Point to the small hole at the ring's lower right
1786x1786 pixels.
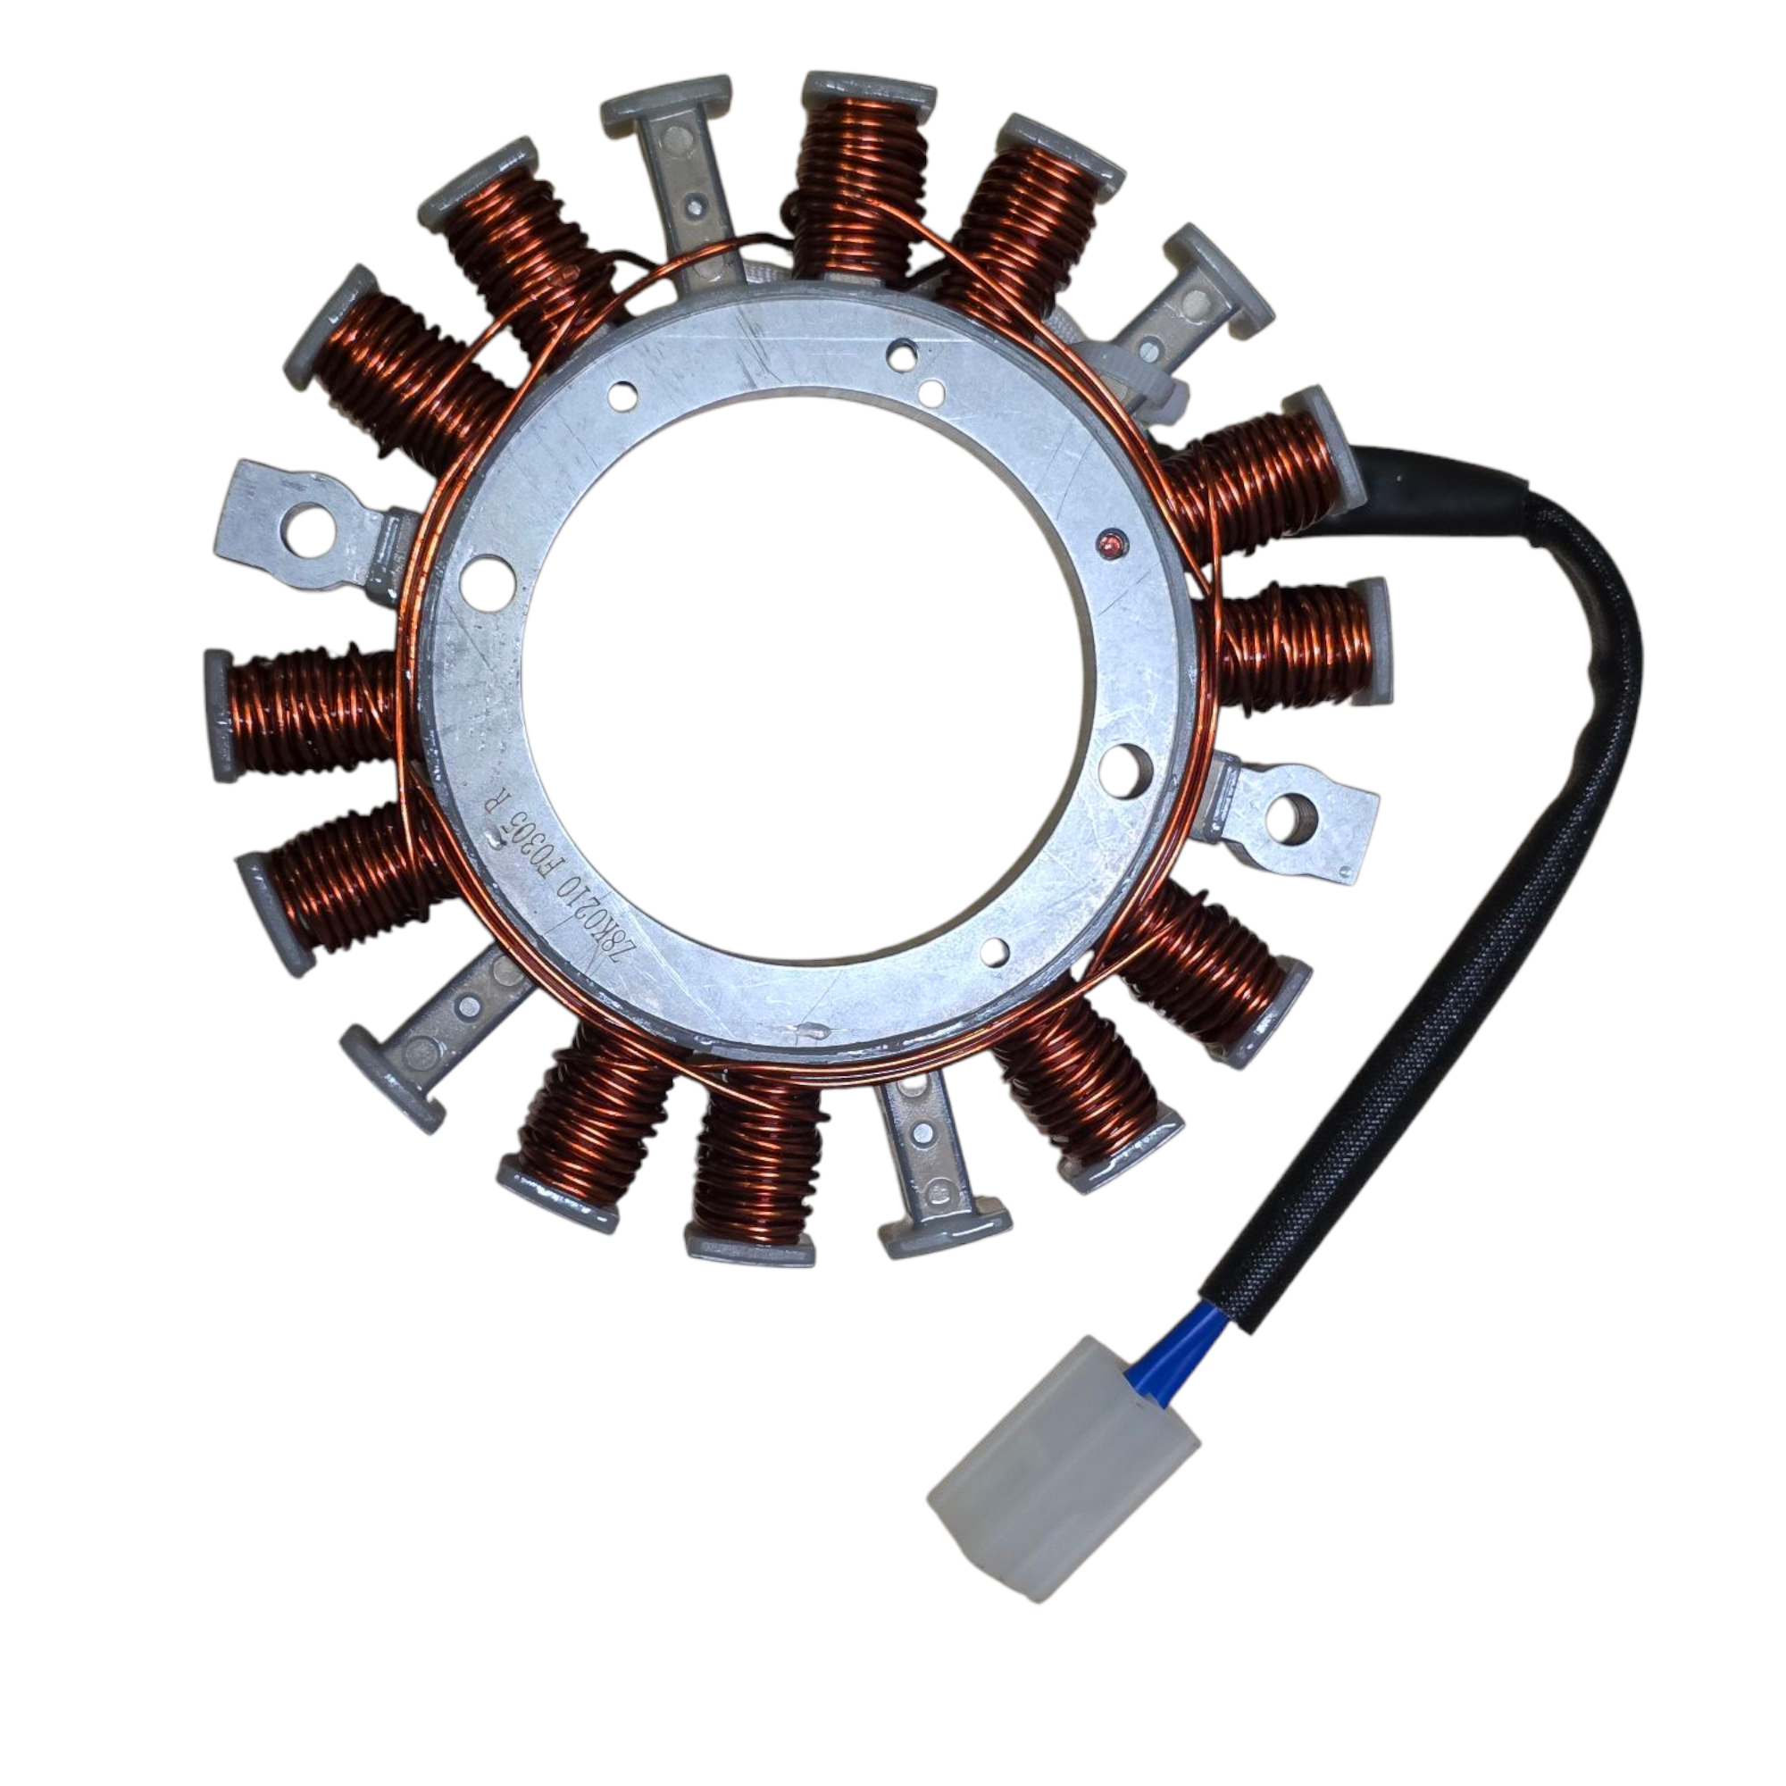(994, 947)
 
